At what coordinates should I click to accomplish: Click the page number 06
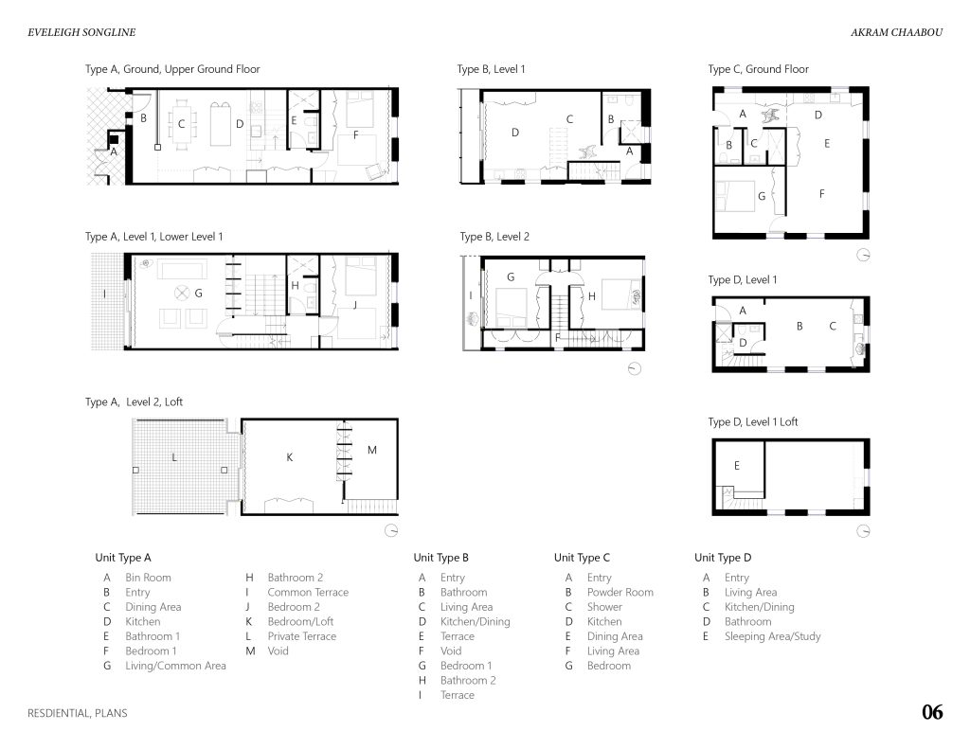(932, 712)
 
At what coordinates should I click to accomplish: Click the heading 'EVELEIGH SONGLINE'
(81, 32)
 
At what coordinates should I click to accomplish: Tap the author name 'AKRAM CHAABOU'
(896, 32)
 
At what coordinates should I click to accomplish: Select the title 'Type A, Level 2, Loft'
(134, 402)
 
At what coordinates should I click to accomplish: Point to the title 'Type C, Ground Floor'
(759, 69)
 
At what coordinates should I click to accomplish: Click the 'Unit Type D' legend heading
(723, 558)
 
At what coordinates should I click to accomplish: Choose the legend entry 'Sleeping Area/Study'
(773, 635)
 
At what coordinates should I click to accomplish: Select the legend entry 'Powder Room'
(620, 592)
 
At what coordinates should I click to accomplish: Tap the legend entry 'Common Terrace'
(308, 592)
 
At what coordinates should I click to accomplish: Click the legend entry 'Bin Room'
(148, 577)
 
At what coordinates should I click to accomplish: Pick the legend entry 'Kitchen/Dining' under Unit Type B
(476, 621)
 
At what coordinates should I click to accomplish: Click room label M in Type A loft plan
(371, 451)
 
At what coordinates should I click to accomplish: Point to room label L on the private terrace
(174, 457)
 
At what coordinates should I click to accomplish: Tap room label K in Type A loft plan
(290, 457)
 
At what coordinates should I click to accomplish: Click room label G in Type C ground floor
(762, 196)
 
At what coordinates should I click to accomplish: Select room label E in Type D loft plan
(737, 465)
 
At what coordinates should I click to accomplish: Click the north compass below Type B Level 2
(634, 368)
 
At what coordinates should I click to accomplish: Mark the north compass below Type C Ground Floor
(863, 255)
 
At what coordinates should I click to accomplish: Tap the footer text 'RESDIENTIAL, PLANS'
(78, 713)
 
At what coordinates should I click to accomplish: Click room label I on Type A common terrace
(104, 294)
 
